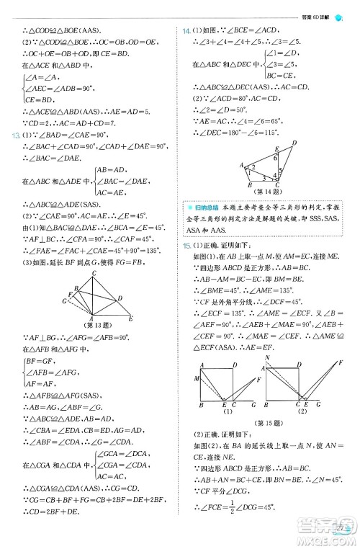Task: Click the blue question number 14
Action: (x=186, y=32)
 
